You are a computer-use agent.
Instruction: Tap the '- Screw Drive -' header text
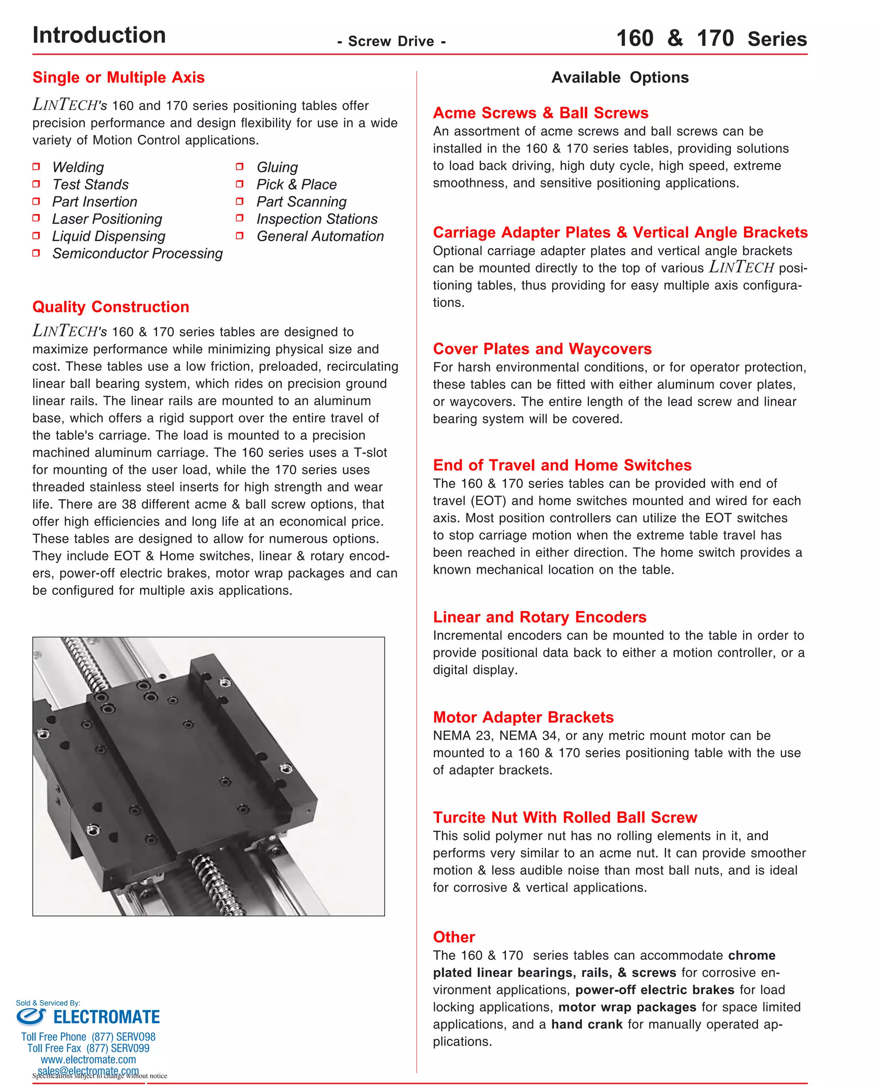391,42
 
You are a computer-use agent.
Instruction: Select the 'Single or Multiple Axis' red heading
118,77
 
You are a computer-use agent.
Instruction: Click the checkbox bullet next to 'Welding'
36,167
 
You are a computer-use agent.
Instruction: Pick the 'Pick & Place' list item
296,184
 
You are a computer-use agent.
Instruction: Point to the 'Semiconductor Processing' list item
137,253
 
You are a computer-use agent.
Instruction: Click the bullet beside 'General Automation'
240,236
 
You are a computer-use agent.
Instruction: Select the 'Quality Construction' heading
111,307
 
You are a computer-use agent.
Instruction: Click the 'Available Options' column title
620,77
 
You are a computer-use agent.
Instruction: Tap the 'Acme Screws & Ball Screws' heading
540,113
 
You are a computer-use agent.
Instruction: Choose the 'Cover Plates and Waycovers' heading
542,349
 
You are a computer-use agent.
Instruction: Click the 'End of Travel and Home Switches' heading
562,465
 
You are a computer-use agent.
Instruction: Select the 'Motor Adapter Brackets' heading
523,717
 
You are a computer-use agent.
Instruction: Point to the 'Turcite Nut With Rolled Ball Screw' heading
564,818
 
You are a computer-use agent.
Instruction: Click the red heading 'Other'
454,937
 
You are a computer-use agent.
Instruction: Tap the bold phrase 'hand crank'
586,1024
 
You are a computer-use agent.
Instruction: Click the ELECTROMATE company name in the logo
106,1016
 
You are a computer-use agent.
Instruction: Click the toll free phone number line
88,1037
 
